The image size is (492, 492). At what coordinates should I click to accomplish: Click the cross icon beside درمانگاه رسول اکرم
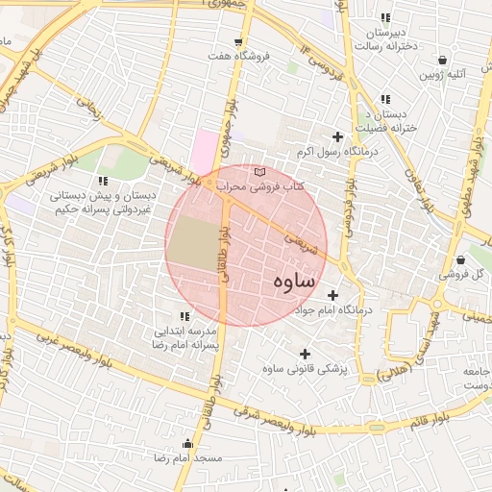click(337, 137)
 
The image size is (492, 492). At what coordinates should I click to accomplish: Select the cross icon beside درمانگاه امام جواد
click(333, 295)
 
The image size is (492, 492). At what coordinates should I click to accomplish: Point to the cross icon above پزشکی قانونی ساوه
click(305, 354)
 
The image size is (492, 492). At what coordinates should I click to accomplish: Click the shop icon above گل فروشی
click(461, 259)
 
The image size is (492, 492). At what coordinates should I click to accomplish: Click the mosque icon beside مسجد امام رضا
click(187, 444)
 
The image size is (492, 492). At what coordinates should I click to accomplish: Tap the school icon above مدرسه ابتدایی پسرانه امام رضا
click(183, 315)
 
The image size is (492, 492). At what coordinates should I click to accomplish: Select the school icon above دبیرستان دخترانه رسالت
click(385, 17)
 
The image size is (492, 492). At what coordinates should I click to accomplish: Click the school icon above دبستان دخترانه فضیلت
click(385, 99)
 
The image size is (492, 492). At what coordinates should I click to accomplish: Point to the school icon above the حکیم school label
click(103, 180)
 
